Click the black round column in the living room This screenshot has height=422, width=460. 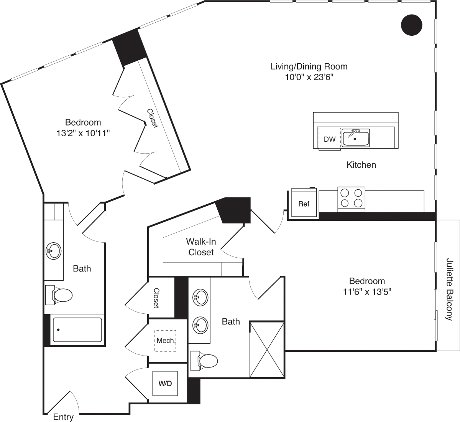click(411, 25)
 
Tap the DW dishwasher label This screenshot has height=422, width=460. click(329, 139)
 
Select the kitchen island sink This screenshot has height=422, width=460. click(356, 138)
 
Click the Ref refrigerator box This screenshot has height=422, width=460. click(304, 204)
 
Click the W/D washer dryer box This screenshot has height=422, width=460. click(165, 383)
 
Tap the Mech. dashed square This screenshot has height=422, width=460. click(166, 341)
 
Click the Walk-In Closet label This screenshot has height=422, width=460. click(201, 247)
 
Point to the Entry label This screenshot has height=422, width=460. click(63, 417)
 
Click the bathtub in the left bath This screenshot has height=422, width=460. click(77, 330)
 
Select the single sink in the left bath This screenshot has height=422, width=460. click(53, 251)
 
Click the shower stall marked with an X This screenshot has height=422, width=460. click(267, 349)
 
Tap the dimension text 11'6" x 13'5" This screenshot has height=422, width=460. click(367, 292)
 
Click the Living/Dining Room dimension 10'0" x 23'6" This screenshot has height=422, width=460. click(309, 77)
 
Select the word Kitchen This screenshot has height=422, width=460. click(361, 165)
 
